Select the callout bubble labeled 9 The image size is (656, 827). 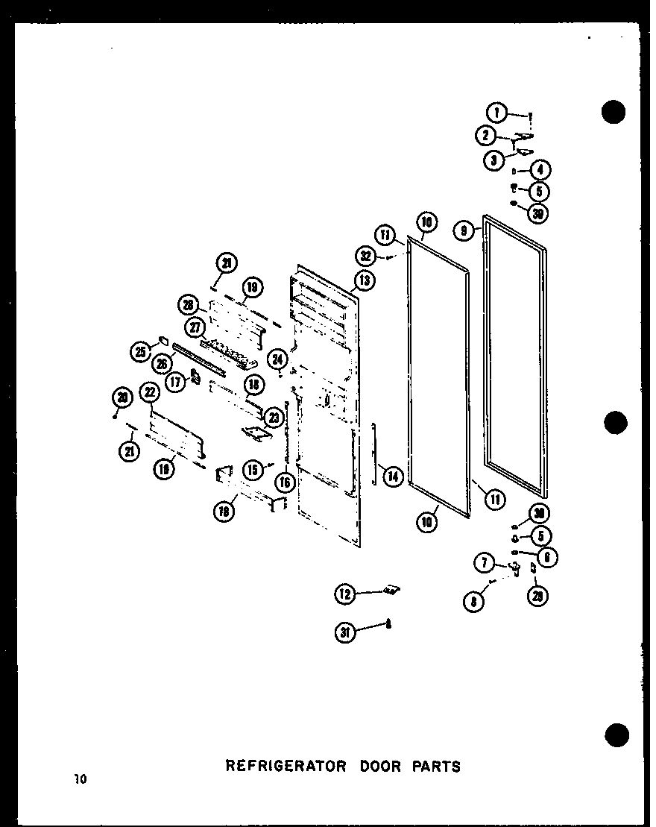[x=464, y=232]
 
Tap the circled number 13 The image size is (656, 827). [x=365, y=280]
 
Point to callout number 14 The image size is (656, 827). [x=392, y=476]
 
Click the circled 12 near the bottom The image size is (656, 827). [x=344, y=594]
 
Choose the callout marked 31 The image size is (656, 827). [x=344, y=632]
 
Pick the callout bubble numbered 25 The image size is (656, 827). [x=139, y=353]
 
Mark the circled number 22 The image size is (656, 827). [x=150, y=392]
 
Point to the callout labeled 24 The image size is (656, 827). [x=277, y=359]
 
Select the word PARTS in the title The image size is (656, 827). [x=438, y=766]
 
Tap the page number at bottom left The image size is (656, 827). [x=81, y=781]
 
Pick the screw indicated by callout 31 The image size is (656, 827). [x=388, y=625]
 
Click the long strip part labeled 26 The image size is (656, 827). [x=198, y=359]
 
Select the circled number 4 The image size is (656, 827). [x=540, y=170]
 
